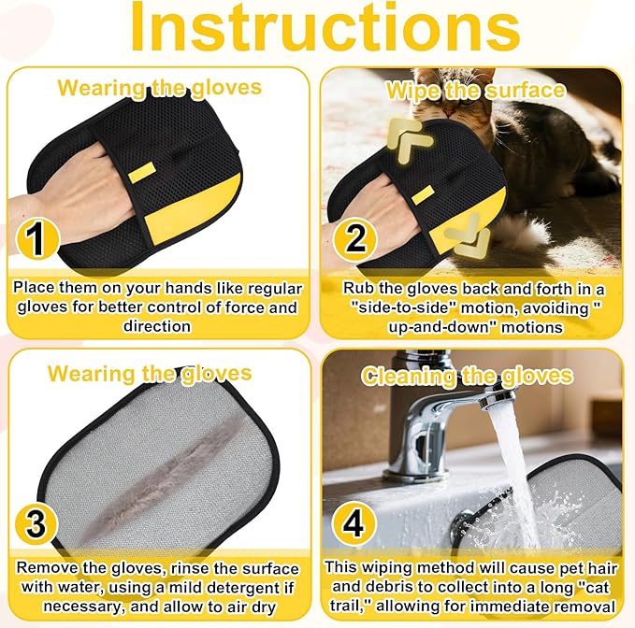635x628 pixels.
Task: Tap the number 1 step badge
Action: click(37, 237)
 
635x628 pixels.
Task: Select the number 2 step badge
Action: click(354, 238)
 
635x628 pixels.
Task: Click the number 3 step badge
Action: click(36, 523)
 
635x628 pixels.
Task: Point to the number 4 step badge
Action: click(354, 523)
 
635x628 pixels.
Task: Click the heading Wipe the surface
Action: click(475, 91)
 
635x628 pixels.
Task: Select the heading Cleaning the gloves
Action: click(467, 377)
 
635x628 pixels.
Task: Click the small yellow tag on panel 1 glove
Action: click(141, 172)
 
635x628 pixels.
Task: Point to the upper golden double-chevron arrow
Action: click(409, 139)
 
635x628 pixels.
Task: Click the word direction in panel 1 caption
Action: click(157, 326)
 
